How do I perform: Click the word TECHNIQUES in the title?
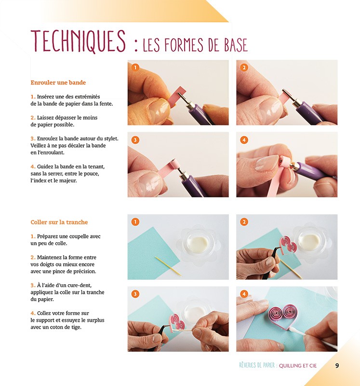pos(78,41)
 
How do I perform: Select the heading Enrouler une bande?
pos(58,83)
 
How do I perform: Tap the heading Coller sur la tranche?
pos(59,222)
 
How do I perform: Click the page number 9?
pos(337,366)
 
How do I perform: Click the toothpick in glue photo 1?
pos(167,266)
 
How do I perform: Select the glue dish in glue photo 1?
pos(199,241)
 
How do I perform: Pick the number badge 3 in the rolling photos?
pos(135,140)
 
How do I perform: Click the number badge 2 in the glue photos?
pos(244,222)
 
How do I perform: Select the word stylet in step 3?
pos(109,138)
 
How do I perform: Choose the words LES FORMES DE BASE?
pos(195,45)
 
